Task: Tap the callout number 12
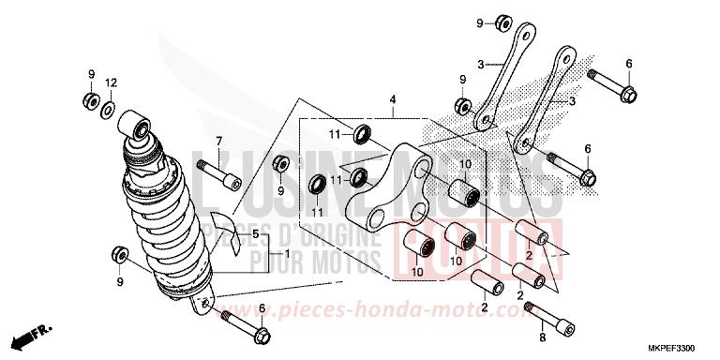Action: point(111,83)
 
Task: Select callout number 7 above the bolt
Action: point(218,142)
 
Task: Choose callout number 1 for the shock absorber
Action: point(284,254)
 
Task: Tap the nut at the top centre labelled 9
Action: point(503,22)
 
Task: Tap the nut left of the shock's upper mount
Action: point(91,100)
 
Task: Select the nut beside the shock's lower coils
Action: point(120,254)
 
